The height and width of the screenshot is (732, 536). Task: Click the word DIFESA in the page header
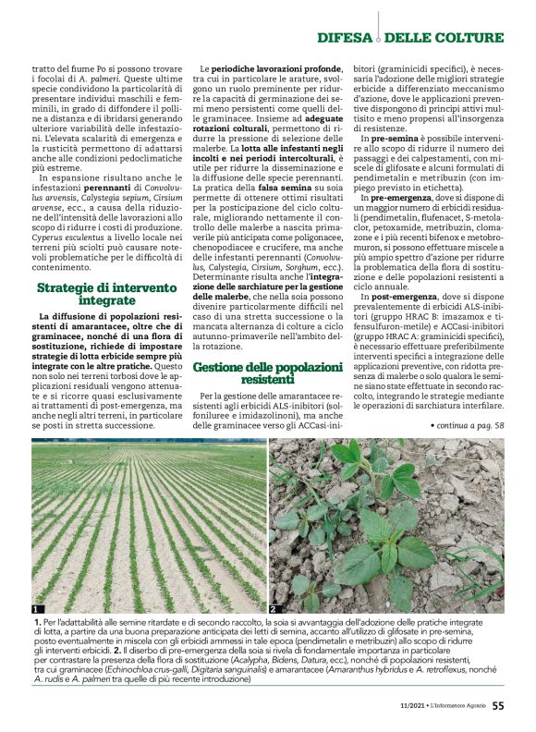point(345,38)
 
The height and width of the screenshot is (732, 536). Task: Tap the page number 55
point(497,709)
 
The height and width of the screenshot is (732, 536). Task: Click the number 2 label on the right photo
point(274,610)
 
